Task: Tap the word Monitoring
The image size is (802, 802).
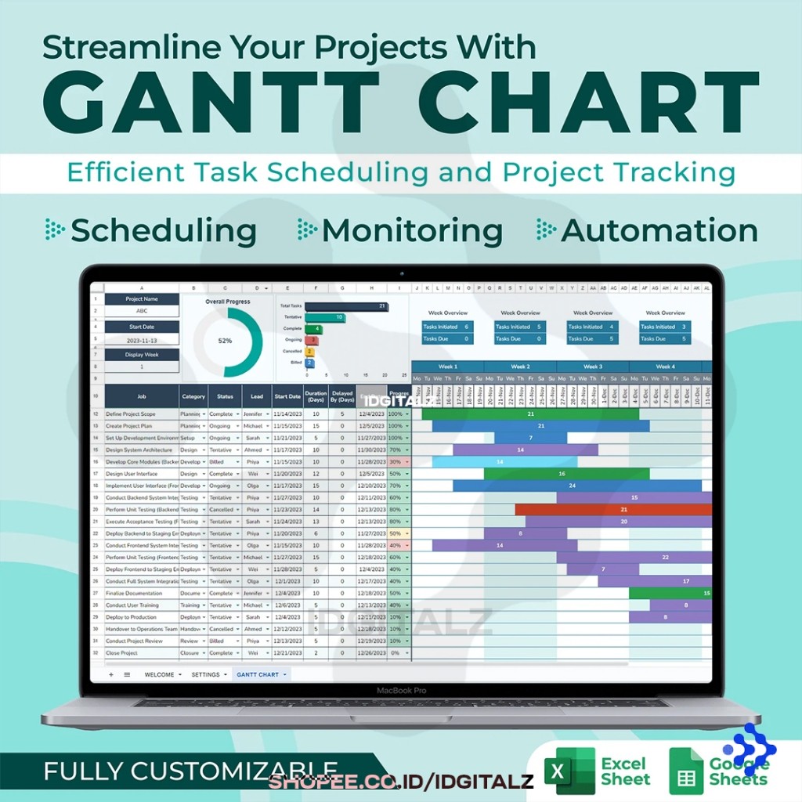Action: pyautogui.click(x=412, y=230)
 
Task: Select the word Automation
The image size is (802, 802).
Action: pyautogui.click(x=659, y=230)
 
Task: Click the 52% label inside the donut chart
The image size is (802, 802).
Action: pyautogui.click(x=225, y=341)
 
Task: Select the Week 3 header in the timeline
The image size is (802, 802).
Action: pyautogui.click(x=593, y=367)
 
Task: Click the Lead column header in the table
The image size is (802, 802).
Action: pyautogui.click(x=257, y=396)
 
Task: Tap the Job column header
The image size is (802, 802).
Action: pyautogui.click(x=142, y=396)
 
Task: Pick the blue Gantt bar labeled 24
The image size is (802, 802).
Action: pyautogui.click(x=576, y=486)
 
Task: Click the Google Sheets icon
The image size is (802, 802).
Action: pyautogui.click(x=686, y=771)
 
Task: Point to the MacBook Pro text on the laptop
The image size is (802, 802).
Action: pyautogui.click(x=401, y=691)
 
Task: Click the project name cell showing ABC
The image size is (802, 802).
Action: pyautogui.click(x=142, y=311)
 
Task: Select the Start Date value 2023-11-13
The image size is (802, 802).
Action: pyautogui.click(x=142, y=341)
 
